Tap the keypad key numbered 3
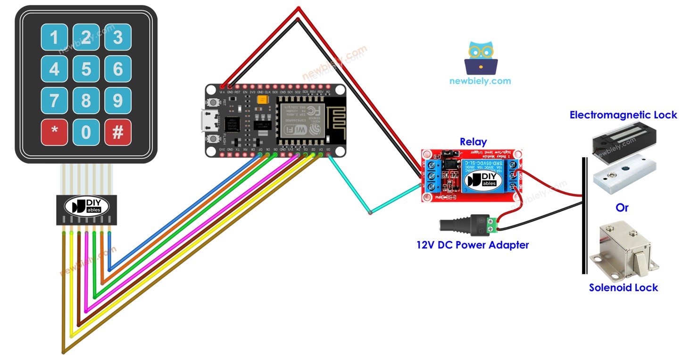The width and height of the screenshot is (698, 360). (x=118, y=37)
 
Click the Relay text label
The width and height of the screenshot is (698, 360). (x=473, y=142)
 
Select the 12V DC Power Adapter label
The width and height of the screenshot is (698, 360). (x=473, y=245)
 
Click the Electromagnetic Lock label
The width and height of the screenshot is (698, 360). (x=623, y=115)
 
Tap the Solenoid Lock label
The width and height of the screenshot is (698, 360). (x=623, y=287)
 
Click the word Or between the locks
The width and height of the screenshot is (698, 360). (x=622, y=208)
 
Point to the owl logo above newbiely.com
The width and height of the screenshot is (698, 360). (x=481, y=58)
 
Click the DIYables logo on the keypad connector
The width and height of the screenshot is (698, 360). (x=87, y=206)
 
